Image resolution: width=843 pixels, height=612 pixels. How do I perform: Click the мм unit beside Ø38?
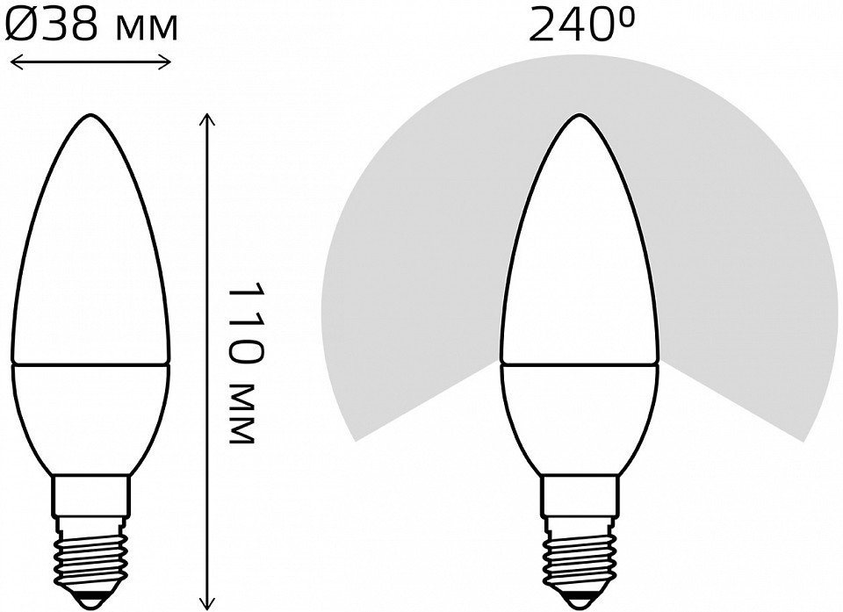point(147,29)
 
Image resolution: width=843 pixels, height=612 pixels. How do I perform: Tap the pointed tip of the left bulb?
point(90,114)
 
